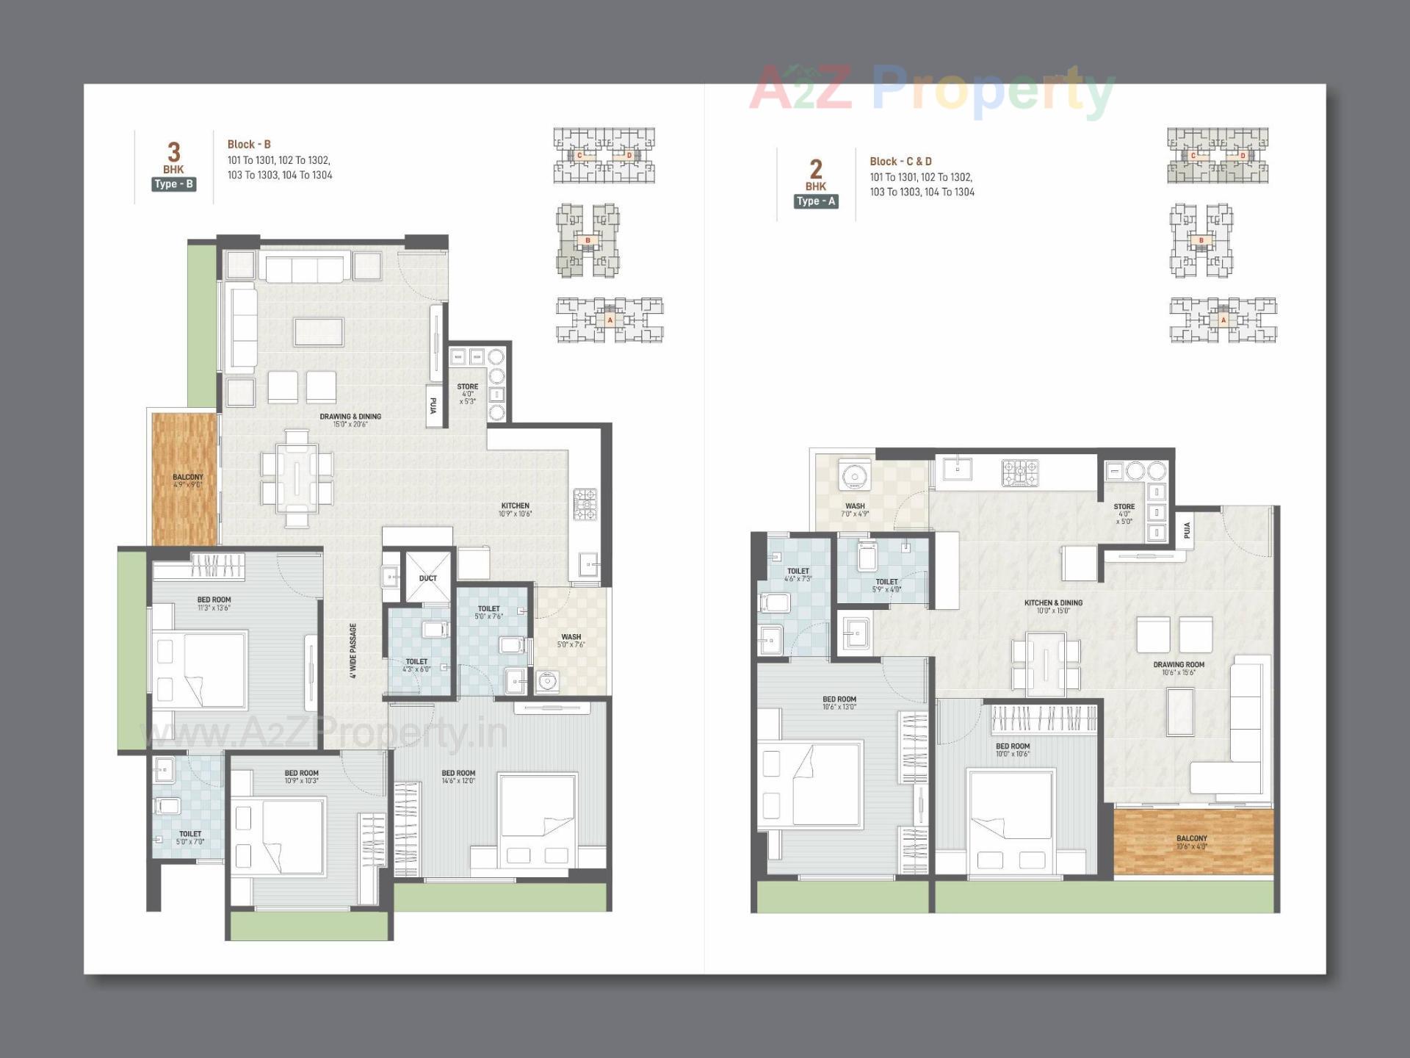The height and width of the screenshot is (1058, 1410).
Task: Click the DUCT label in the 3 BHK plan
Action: [427, 578]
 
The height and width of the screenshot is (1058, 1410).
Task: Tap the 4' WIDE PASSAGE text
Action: [353, 651]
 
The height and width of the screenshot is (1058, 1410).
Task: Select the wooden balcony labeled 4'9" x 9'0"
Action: [185, 480]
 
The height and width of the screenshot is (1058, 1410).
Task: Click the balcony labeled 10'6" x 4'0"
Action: [1192, 842]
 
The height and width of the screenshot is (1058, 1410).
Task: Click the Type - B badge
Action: [174, 184]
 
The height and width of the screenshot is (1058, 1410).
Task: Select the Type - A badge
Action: [816, 201]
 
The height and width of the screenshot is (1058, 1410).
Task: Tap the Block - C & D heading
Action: [900, 162]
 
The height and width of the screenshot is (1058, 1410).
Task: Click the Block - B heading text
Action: [249, 145]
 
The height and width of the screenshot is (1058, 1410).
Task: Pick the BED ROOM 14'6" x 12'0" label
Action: [458, 777]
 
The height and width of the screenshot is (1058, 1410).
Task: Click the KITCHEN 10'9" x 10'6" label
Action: [515, 509]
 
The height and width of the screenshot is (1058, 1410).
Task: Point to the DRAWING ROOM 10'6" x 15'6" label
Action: [1179, 668]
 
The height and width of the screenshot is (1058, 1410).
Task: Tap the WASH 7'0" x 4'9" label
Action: [855, 510]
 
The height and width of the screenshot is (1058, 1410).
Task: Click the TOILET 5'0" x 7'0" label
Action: [190, 838]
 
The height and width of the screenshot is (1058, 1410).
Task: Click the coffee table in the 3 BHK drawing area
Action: [319, 331]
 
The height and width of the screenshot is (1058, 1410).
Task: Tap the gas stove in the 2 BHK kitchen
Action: [1020, 473]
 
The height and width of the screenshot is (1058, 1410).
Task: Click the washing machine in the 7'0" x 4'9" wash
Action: [854, 476]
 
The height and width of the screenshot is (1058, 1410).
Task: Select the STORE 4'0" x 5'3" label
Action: [467, 393]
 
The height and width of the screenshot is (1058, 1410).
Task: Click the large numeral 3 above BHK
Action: [173, 152]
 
